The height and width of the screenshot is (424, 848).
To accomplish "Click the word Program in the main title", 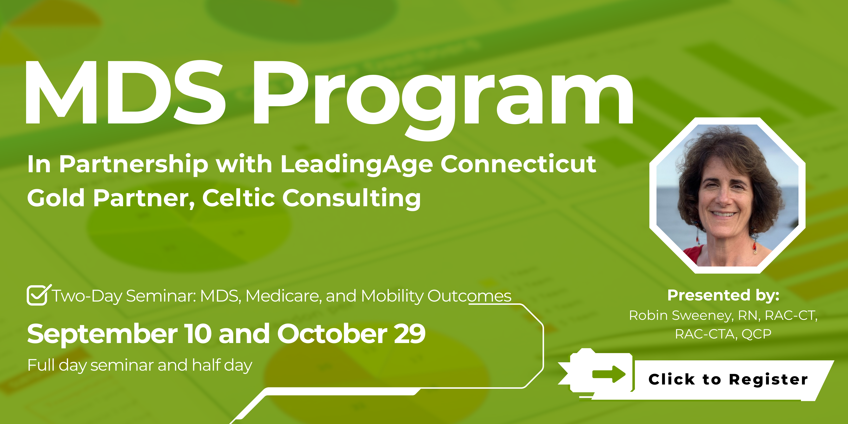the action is pyautogui.click(x=443, y=100).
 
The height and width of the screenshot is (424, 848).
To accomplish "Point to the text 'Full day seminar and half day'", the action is pyautogui.click(x=140, y=365).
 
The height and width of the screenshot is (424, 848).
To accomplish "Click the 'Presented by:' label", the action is pyautogui.click(x=723, y=295).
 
